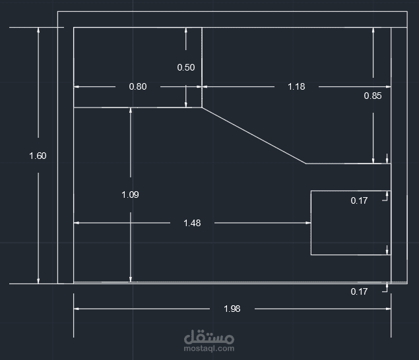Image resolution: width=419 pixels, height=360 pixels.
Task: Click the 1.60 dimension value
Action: (x=38, y=156)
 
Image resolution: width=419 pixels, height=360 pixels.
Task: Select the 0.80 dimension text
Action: (x=138, y=86)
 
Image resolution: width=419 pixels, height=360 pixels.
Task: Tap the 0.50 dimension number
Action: (x=186, y=67)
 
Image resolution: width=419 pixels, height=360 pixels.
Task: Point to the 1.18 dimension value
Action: (x=296, y=86)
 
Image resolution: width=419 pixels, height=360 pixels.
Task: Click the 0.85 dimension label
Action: (x=373, y=96)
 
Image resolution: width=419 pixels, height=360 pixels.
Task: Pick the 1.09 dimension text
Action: (x=131, y=195)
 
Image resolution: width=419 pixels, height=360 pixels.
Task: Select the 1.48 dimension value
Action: (x=192, y=223)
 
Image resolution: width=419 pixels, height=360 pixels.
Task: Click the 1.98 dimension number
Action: (x=232, y=309)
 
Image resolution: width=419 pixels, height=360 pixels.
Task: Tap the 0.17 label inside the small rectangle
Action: (x=359, y=201)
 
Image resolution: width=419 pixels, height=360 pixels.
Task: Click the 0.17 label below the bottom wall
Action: (x=359, y=291)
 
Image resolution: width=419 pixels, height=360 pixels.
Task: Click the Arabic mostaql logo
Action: (x=209, y=337)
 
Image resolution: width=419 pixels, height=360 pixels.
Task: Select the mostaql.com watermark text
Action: (x=209, y=349)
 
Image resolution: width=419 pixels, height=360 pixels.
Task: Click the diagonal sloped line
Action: (x=254, y=135)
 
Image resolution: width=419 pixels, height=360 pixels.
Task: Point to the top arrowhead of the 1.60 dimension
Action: (x=38, y=30)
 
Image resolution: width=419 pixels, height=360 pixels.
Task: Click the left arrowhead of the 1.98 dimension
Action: (x=77, y=309)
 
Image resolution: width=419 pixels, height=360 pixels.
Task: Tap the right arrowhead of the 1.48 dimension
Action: (x=308, y=223)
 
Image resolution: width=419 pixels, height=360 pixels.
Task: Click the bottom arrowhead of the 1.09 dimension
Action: (x=131, y=280)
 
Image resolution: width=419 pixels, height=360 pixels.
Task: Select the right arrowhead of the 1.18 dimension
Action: (x=388, y=86)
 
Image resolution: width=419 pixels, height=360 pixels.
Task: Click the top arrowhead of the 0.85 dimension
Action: (x=373, y=30)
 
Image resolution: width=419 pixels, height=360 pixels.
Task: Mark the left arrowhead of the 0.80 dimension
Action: (x=77, y=86)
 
